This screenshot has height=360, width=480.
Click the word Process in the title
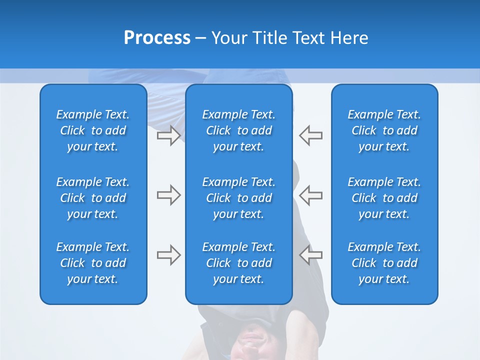click(x=157, y=38)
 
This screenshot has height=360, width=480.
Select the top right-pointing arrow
click(x=168, y=135)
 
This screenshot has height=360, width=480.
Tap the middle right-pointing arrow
click(x=168, y=195)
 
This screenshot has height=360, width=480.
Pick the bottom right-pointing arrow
click(x=168, y=255)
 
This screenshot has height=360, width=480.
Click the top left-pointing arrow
click(x=311, y=135)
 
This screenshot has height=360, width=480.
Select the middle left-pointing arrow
click(x=311, y=195)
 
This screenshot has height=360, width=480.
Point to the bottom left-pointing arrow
click(x=311, y=255)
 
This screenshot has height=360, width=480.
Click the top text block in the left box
click(x=93, y=130)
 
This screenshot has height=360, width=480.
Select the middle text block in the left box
click(x=93, y=198)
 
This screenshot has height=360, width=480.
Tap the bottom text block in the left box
click(x=93, y=263)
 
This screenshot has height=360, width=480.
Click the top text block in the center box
click(x=238, y=130)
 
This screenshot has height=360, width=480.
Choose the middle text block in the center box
click(x=238, y=198)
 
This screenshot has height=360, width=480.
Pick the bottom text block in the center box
click(x=238, y=263)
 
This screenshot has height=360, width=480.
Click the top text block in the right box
click(x=384, y=130)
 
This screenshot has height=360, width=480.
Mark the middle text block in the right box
click(x=384, y=198)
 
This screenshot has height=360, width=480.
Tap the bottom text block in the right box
click(x=384, y=263)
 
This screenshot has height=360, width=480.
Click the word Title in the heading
click(x=270, y=38)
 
